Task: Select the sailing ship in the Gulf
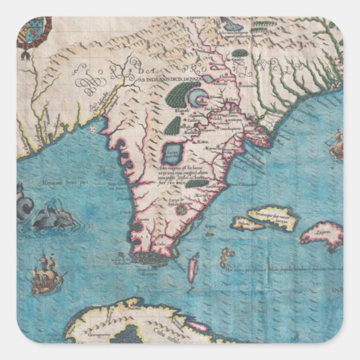click(x=46, y=271)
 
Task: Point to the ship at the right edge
click(x=336, y=145)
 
